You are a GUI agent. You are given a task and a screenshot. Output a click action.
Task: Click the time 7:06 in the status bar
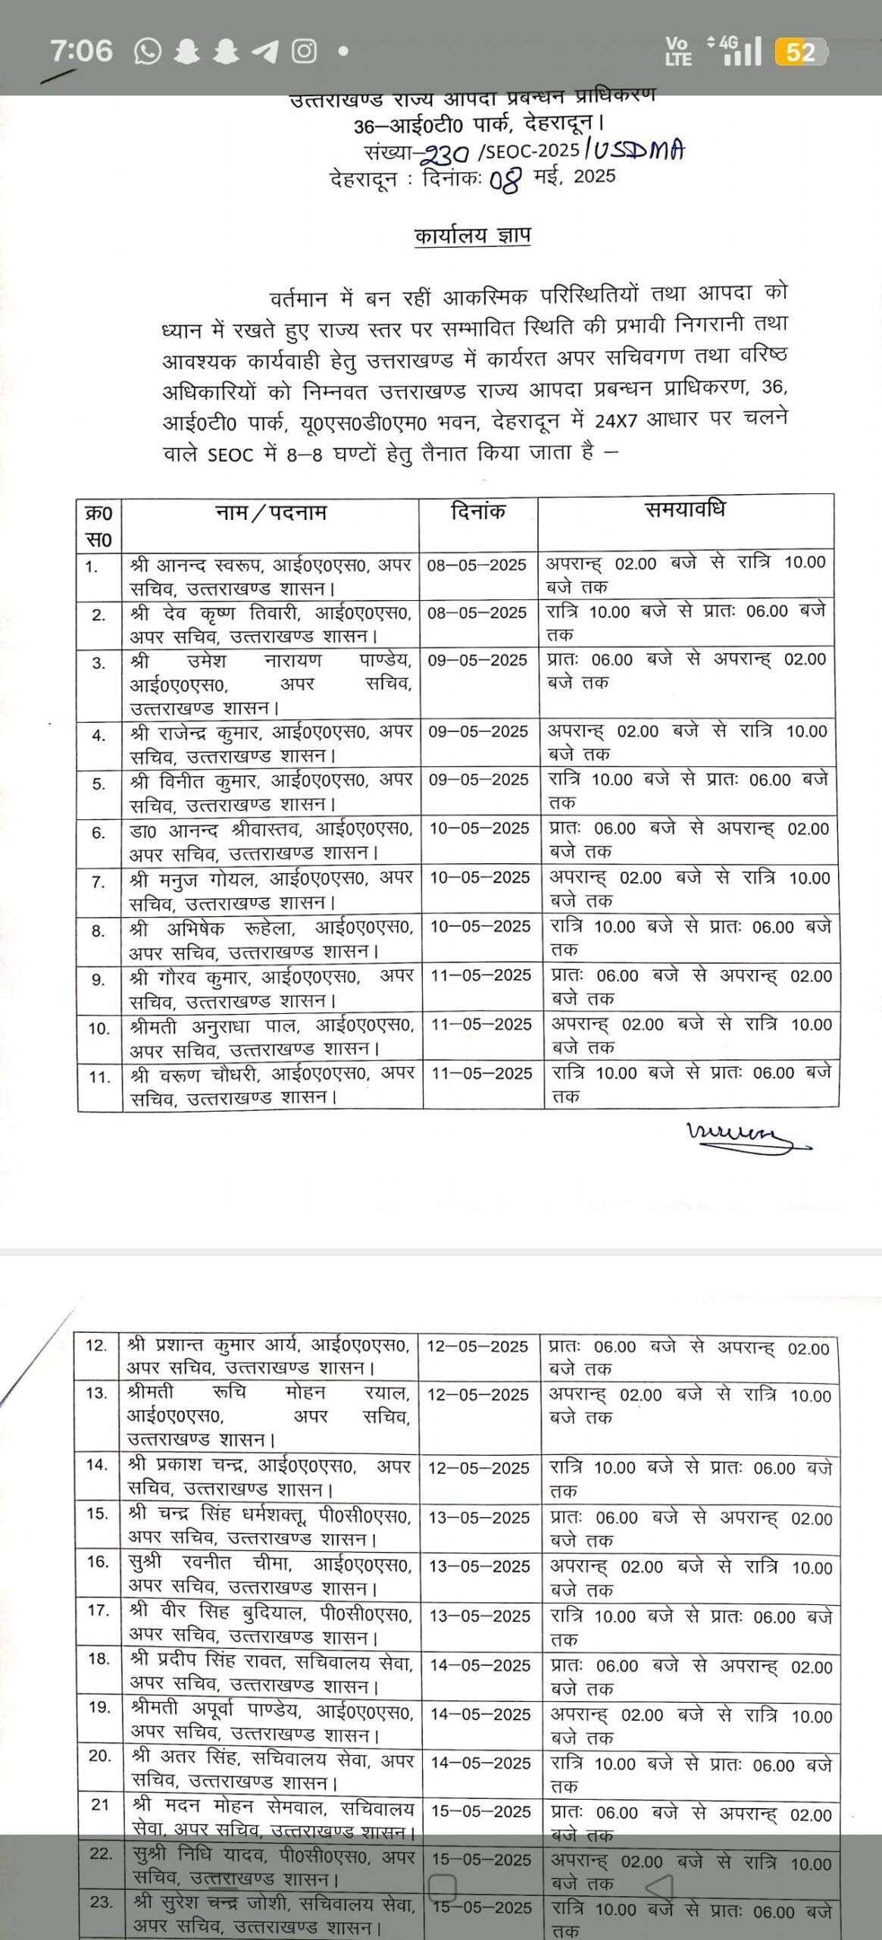click(x=81, y=51)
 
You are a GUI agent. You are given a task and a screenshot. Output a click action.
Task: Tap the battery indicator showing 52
click(x=800, y=52)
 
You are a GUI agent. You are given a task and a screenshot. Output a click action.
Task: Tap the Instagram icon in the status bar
click(x=305, y=52)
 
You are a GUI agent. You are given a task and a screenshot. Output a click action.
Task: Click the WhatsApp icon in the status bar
click(x=148, y=52)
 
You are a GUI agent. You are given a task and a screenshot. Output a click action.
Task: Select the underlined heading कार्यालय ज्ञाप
click(x=473, y=236)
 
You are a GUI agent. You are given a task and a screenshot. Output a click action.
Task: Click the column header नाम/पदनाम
click(x=271, y=513)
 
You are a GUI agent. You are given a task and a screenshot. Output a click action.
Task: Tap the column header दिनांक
click(x=478, y=512)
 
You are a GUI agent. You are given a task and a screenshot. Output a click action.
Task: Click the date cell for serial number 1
click(x=477, y=565)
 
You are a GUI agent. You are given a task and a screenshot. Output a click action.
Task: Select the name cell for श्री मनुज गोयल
click(x=271, y=890)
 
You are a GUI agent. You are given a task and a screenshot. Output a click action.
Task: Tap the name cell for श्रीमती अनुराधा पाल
click(x=271, y=1037)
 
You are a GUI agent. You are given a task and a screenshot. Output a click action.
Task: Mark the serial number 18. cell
click(x=99, y=1659)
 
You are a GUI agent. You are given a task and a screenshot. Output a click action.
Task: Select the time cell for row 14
click(x=690, y=1478)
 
